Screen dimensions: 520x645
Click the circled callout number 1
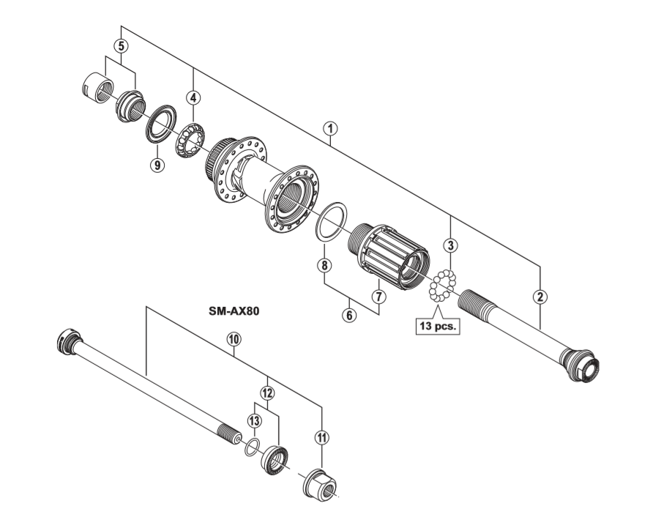[x=331, y=127]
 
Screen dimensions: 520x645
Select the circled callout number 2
[x=540, y=297]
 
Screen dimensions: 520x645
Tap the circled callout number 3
[x=451, y=245]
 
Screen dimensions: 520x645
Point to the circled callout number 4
[x=193, y=97]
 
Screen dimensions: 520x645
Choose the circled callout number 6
[x=350, y=316]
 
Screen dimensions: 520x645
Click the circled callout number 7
[x=378, y=297]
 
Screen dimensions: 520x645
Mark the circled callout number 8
[x=323, y=265]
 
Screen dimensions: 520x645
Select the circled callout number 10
[x=234, y=339]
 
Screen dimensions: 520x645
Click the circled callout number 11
[x=322, y=437]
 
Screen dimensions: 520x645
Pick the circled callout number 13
[x=254, y=420]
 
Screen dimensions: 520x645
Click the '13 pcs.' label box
[x=437, y=327]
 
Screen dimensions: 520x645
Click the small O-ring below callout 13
[x=252, y=447]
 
